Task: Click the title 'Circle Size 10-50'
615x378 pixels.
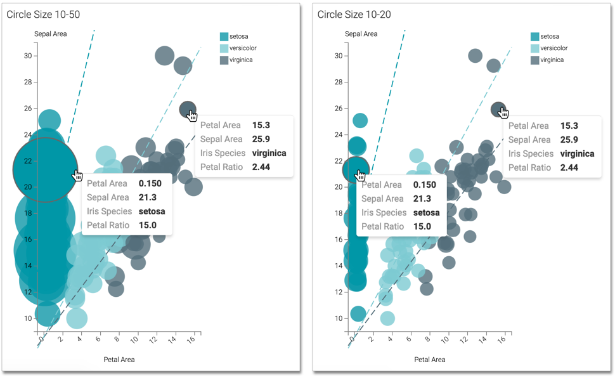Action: point(43,14)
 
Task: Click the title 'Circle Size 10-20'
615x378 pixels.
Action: point(354,14)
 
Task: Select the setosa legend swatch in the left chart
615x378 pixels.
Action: point(224,37)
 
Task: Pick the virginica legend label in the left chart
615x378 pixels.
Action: point(241,60)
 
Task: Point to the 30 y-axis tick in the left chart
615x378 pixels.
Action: point(27,56)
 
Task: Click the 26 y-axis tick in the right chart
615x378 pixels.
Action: point(338,108)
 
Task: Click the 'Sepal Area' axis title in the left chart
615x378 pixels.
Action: point(50,34)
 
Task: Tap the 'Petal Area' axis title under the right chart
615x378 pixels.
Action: point(429,360)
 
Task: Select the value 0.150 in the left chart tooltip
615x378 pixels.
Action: point(150,183)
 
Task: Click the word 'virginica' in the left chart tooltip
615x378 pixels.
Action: point(269,153)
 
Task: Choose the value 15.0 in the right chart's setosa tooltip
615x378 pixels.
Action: point(422,226)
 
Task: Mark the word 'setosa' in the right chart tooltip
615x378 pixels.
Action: point(427,212)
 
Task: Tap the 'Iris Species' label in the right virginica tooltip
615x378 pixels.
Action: point(531,153)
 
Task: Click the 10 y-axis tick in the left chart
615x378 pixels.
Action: point(27,318)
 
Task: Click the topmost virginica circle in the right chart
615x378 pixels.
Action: point(475,56)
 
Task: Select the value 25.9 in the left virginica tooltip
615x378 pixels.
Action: point(261,139)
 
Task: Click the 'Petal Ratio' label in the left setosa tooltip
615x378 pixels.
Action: point(108,225)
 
